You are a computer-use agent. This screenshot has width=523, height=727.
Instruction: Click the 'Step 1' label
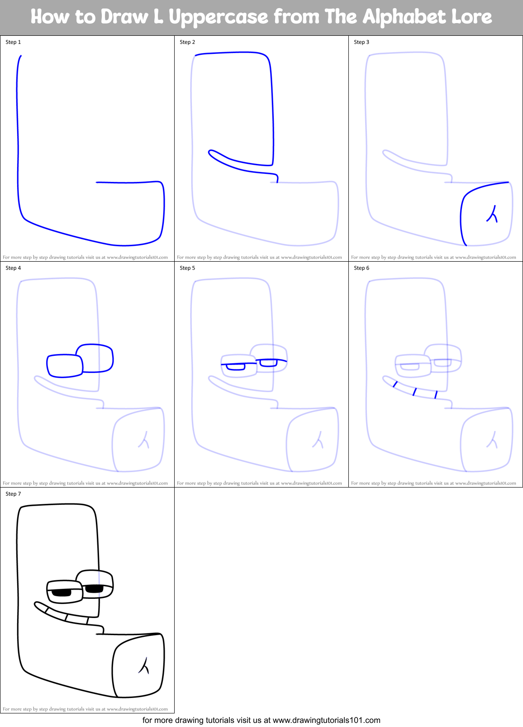13,42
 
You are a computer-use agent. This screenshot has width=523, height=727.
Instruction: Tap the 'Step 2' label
187,42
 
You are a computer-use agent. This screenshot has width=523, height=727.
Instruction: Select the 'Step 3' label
361,42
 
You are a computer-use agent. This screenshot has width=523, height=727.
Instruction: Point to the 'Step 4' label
13,268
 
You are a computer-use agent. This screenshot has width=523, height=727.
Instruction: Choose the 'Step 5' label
187,268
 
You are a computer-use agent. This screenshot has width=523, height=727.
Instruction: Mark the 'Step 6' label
361,268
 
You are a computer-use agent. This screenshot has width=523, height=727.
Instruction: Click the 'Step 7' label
13,494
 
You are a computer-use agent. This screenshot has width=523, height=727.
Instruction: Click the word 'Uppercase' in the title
219,17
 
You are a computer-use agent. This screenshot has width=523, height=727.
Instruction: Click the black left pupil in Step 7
62,593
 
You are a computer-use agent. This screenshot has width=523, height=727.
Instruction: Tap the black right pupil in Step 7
94,588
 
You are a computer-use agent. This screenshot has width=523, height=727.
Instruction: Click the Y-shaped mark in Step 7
144,666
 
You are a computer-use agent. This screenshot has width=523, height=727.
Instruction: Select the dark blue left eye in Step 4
65,365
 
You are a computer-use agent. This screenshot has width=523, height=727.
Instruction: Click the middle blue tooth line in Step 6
414,392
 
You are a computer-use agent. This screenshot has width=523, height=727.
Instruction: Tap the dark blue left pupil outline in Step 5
235,367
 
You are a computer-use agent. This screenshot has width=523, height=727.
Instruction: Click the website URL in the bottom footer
326,720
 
